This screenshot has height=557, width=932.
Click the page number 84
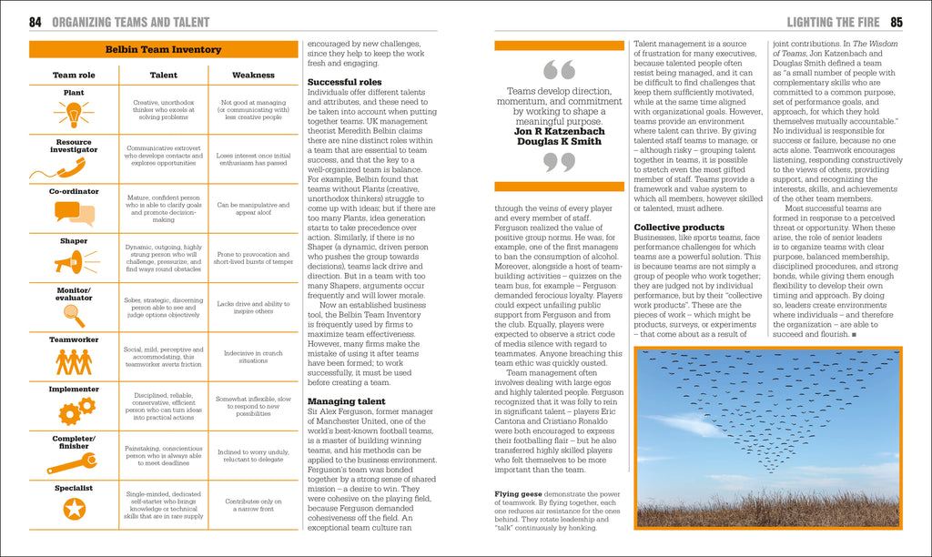(35, 22)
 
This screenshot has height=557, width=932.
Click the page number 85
(896, 22)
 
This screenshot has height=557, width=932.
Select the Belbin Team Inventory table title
(163, 49)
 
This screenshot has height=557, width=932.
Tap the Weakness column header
(253, 76)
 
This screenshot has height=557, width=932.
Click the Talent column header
(163, 76)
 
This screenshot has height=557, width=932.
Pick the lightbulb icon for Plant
(74, 114)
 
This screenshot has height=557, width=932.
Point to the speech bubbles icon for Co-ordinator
(74, 214)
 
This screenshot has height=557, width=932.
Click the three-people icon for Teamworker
(74, 361)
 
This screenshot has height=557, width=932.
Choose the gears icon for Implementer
(76, 410)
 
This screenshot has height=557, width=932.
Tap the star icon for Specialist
(74, 509)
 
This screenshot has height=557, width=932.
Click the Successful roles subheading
(345, 82)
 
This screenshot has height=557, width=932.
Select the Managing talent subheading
(347, 401)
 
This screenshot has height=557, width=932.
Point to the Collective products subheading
(679, 228)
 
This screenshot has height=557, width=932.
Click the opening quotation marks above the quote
(558, 71)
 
